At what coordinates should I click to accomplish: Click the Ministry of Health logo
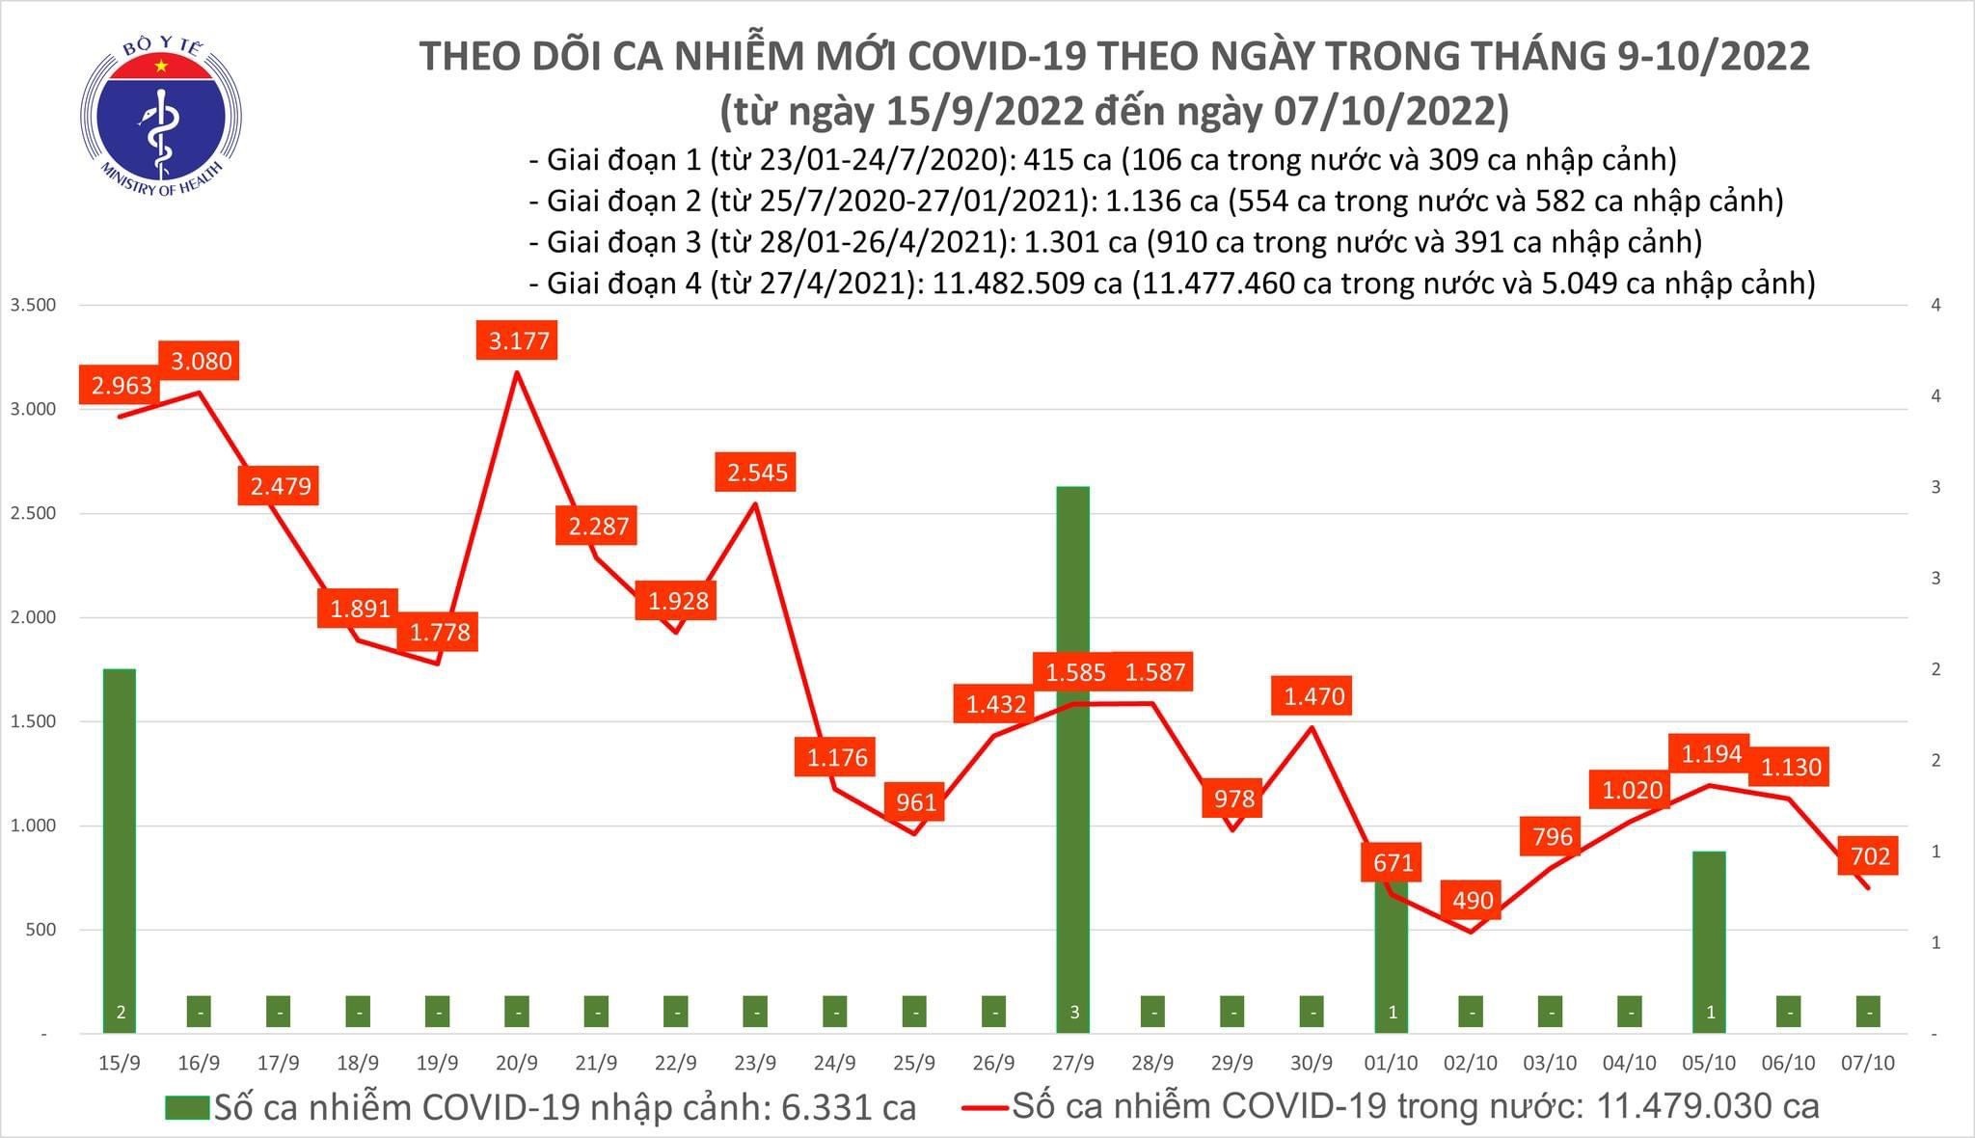(x=161, y=118)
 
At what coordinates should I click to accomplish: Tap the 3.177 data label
(x=518, y=341)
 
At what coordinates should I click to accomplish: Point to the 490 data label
(x=1473, y=901)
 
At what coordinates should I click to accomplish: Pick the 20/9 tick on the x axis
(x=517, y=1063)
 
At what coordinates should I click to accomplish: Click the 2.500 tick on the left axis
(x=33, y=513)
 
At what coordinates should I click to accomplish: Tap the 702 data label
(x=1870, y=855)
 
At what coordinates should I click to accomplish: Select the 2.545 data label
(x=757, y=473)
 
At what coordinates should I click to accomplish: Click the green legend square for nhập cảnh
(x=186, y=1107)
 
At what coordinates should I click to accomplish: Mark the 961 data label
(x=915, y=801)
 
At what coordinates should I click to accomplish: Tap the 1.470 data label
(x=1313, y=696)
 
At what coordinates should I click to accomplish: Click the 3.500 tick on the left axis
(x=33, y=305)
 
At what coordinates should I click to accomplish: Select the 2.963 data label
(x=122, y=386)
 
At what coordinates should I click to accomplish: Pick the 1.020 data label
(x=1632, y=791)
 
